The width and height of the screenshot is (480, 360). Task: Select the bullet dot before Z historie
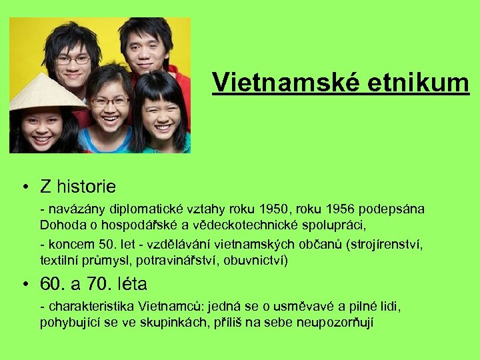click(24, 187)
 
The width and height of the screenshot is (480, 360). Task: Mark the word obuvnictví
click(257, 259)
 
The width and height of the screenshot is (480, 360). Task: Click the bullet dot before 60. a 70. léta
click(24, 285)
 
